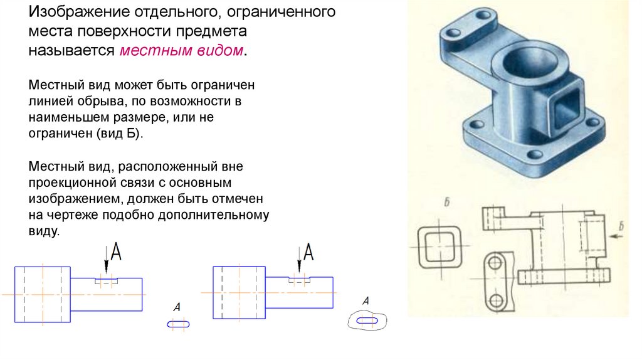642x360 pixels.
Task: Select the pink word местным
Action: [149, 51]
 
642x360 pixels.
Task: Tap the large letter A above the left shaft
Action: [115, 252]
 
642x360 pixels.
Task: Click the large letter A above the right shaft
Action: [308, 252]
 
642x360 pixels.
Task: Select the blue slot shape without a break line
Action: [177, 324]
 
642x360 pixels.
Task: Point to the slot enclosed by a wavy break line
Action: [367, 320]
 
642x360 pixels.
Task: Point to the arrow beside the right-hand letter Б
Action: [618, 238]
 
